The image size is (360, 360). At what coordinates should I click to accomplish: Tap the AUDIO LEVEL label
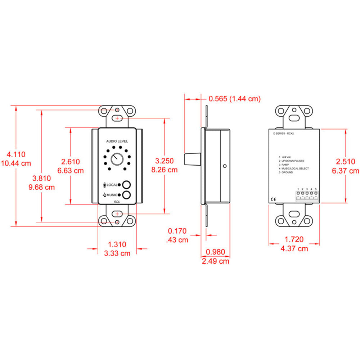[x=117, y=141]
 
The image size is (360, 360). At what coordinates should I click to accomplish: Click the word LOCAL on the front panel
[x=112, y=185]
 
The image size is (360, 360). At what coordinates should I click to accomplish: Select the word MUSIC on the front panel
[x=112, y=195]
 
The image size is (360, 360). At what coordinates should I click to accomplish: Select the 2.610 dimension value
[x=71, y=162]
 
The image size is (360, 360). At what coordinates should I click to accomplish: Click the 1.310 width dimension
[x=117, y=244]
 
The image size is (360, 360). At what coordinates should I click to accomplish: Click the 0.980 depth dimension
[x=215, y=252]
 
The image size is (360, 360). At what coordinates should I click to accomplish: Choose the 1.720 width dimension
[x=294, y=239]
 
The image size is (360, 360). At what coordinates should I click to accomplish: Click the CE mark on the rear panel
[x=274, y=199]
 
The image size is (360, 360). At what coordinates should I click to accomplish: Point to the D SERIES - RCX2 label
[x=284, y=133]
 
